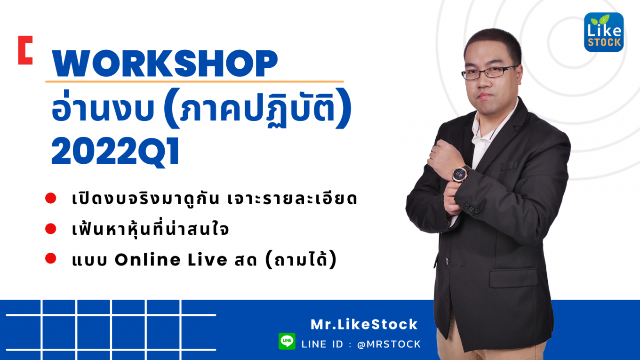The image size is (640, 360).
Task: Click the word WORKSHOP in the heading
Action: pos(165,64)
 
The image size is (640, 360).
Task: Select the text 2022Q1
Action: pos(115,152)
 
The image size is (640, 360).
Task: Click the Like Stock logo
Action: pos(604,32)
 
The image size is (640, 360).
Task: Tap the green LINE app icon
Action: pos(287,341)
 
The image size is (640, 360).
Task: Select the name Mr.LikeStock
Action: pos(364,325)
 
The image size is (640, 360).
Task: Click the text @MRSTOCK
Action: pos(389,344)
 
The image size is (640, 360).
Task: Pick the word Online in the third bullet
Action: pos(148,259)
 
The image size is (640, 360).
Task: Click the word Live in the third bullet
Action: pos(208,259)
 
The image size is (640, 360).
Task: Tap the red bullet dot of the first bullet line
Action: pos(50,198)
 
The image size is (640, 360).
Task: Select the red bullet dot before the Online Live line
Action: pos(50,258)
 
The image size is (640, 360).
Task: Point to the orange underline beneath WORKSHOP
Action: pos(194,82)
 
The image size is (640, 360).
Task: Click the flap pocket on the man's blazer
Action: pos(513,278)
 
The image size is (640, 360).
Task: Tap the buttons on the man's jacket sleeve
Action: pos(471,208)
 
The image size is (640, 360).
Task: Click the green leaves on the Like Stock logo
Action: pos(600,20)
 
